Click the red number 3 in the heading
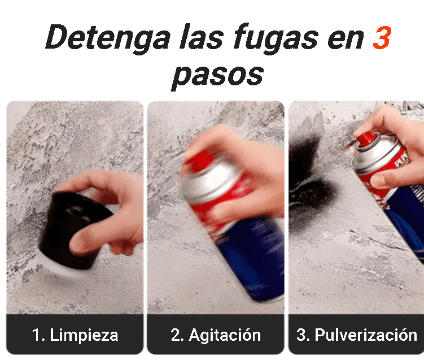(x=382, y=38)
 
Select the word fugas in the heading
(x=276, y=38)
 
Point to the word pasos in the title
(x=217, y=76)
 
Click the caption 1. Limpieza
(x=75, y=335)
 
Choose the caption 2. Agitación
(x=216, y=335)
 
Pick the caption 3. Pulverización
(x=357, y=335)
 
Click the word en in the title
(x=346, y=41)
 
